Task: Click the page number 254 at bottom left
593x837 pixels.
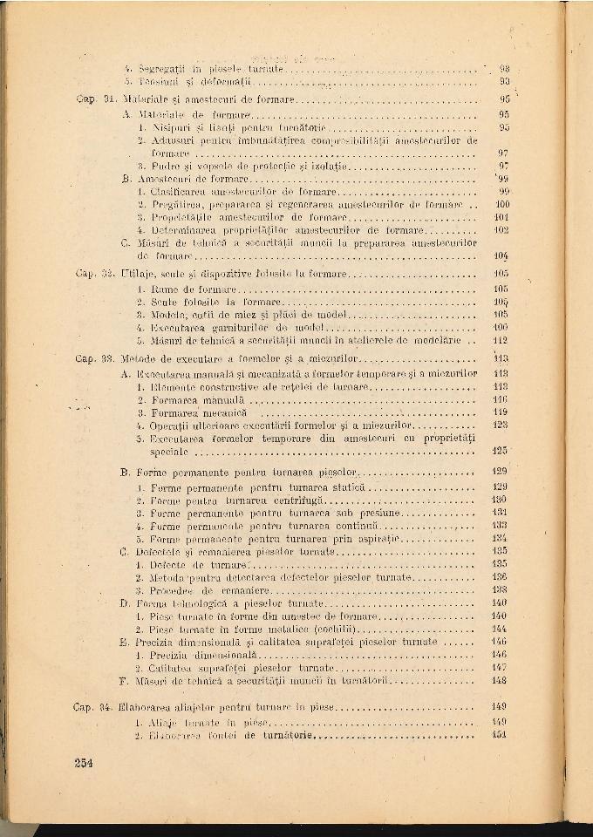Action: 83,762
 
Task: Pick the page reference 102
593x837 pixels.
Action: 501,230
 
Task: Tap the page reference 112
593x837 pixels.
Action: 501,341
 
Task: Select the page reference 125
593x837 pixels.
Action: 501,452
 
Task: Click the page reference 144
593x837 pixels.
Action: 500,629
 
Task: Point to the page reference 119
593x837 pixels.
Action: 501,412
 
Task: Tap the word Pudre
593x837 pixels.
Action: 162,165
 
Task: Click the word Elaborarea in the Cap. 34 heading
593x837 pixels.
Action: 152,707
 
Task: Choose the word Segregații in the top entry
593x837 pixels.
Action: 159,67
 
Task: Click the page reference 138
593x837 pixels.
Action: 500,590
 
